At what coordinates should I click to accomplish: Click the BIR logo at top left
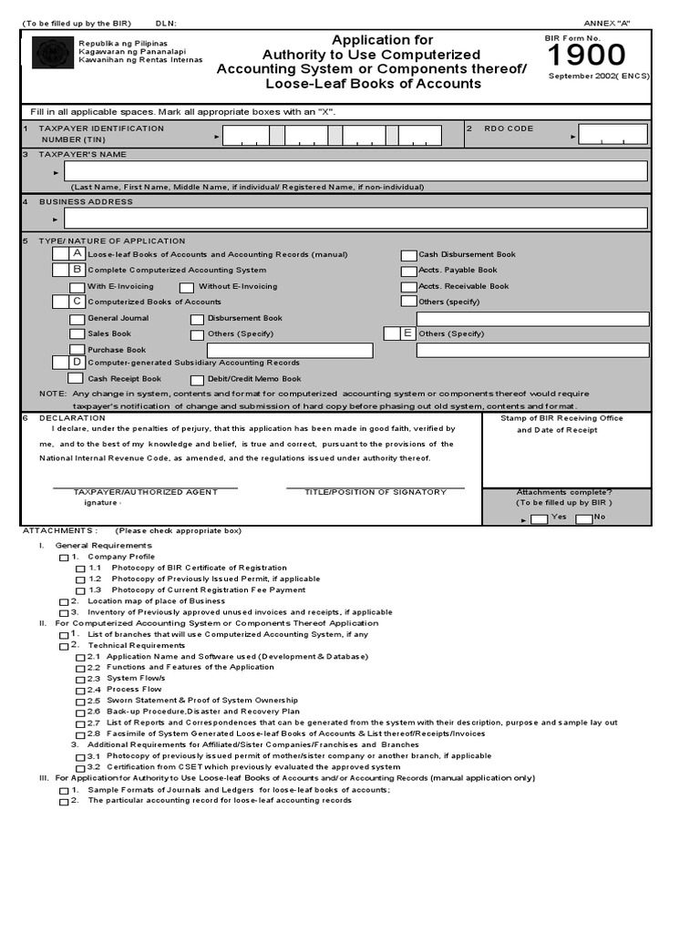pos(52,54)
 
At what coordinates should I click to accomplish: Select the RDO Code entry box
pos(612,134)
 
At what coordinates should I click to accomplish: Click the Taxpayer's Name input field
pos(355,171)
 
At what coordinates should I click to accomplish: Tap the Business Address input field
pos(355,218)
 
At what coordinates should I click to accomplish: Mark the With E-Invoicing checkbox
pos(77,287)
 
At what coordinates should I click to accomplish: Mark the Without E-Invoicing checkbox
pos(187,287)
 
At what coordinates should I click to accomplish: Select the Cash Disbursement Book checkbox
pos(409,256)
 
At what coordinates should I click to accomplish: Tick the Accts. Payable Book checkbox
pos(409,272)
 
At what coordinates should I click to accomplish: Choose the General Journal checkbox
pos(77,320)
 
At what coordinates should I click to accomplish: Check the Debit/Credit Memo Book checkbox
pos(197,380)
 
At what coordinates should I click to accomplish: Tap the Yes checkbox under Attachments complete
pos(540,518)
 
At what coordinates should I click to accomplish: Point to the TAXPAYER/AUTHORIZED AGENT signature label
pos(145,492)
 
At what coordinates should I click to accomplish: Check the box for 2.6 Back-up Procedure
pos(81,713)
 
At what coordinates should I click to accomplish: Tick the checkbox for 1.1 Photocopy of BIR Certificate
pos(81,569)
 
